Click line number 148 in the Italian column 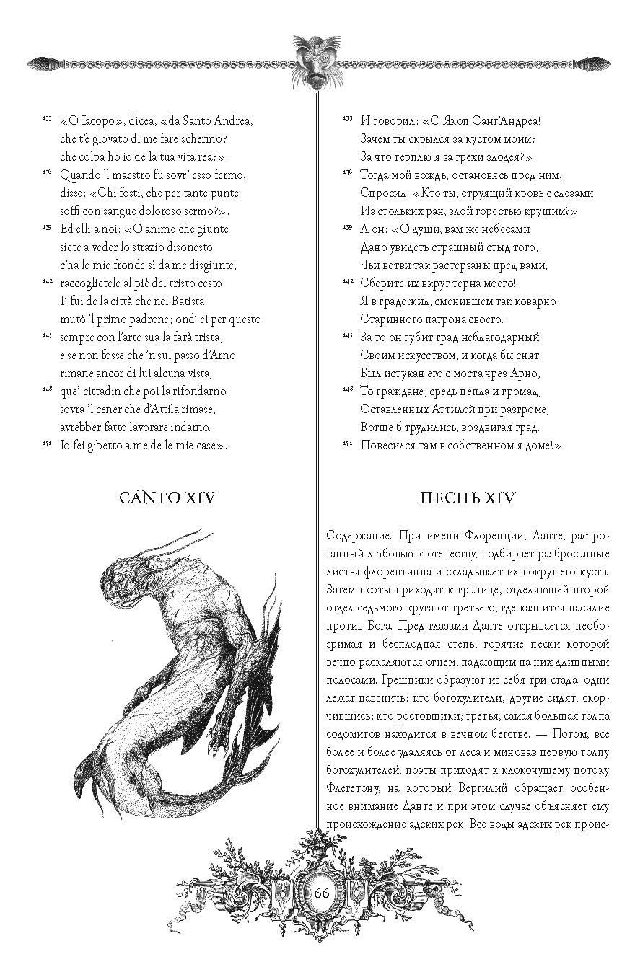(x=47, y=389)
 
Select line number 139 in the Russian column (x=347, y=227)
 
